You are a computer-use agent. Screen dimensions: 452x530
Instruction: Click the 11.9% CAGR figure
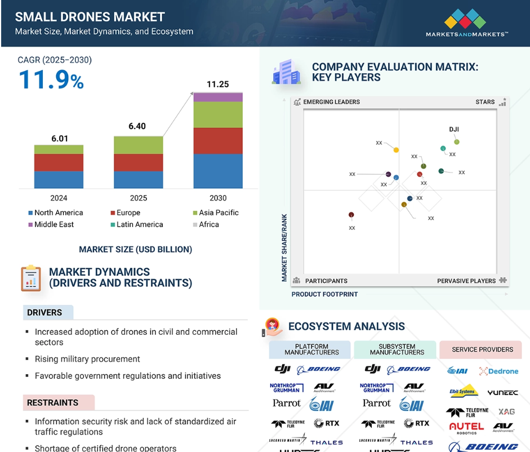tap(51, 79)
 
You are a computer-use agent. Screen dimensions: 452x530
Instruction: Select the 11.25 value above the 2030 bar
tap(217, 85)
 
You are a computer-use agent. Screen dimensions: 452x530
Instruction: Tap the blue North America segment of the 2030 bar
tap(218, 171)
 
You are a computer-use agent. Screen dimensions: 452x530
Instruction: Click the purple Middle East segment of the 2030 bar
tap(218, 97)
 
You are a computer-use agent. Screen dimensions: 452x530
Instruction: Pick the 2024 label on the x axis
tap(59, 198)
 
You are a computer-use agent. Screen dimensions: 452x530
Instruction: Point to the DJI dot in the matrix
tap(457, 142)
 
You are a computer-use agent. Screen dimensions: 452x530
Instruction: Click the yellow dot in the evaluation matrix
tap(396, 150)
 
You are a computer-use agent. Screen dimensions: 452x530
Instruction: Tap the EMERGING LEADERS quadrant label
tap(331, 102)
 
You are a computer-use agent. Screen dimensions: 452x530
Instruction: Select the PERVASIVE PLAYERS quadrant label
tap(466, 281)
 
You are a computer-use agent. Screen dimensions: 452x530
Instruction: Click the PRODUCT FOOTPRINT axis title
tap(324, 294)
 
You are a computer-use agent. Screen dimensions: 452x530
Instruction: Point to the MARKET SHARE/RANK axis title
tap(284, 248)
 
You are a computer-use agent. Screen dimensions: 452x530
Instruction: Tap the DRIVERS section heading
tap(44, 312)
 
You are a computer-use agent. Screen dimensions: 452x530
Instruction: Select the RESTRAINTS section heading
tap(52, 402)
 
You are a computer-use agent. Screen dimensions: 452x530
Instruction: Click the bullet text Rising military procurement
tap(87, 359)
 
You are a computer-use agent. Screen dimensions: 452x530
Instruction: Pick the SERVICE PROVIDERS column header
tap(482, 349)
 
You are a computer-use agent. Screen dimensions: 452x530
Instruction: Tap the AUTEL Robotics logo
tap(466, 428)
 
